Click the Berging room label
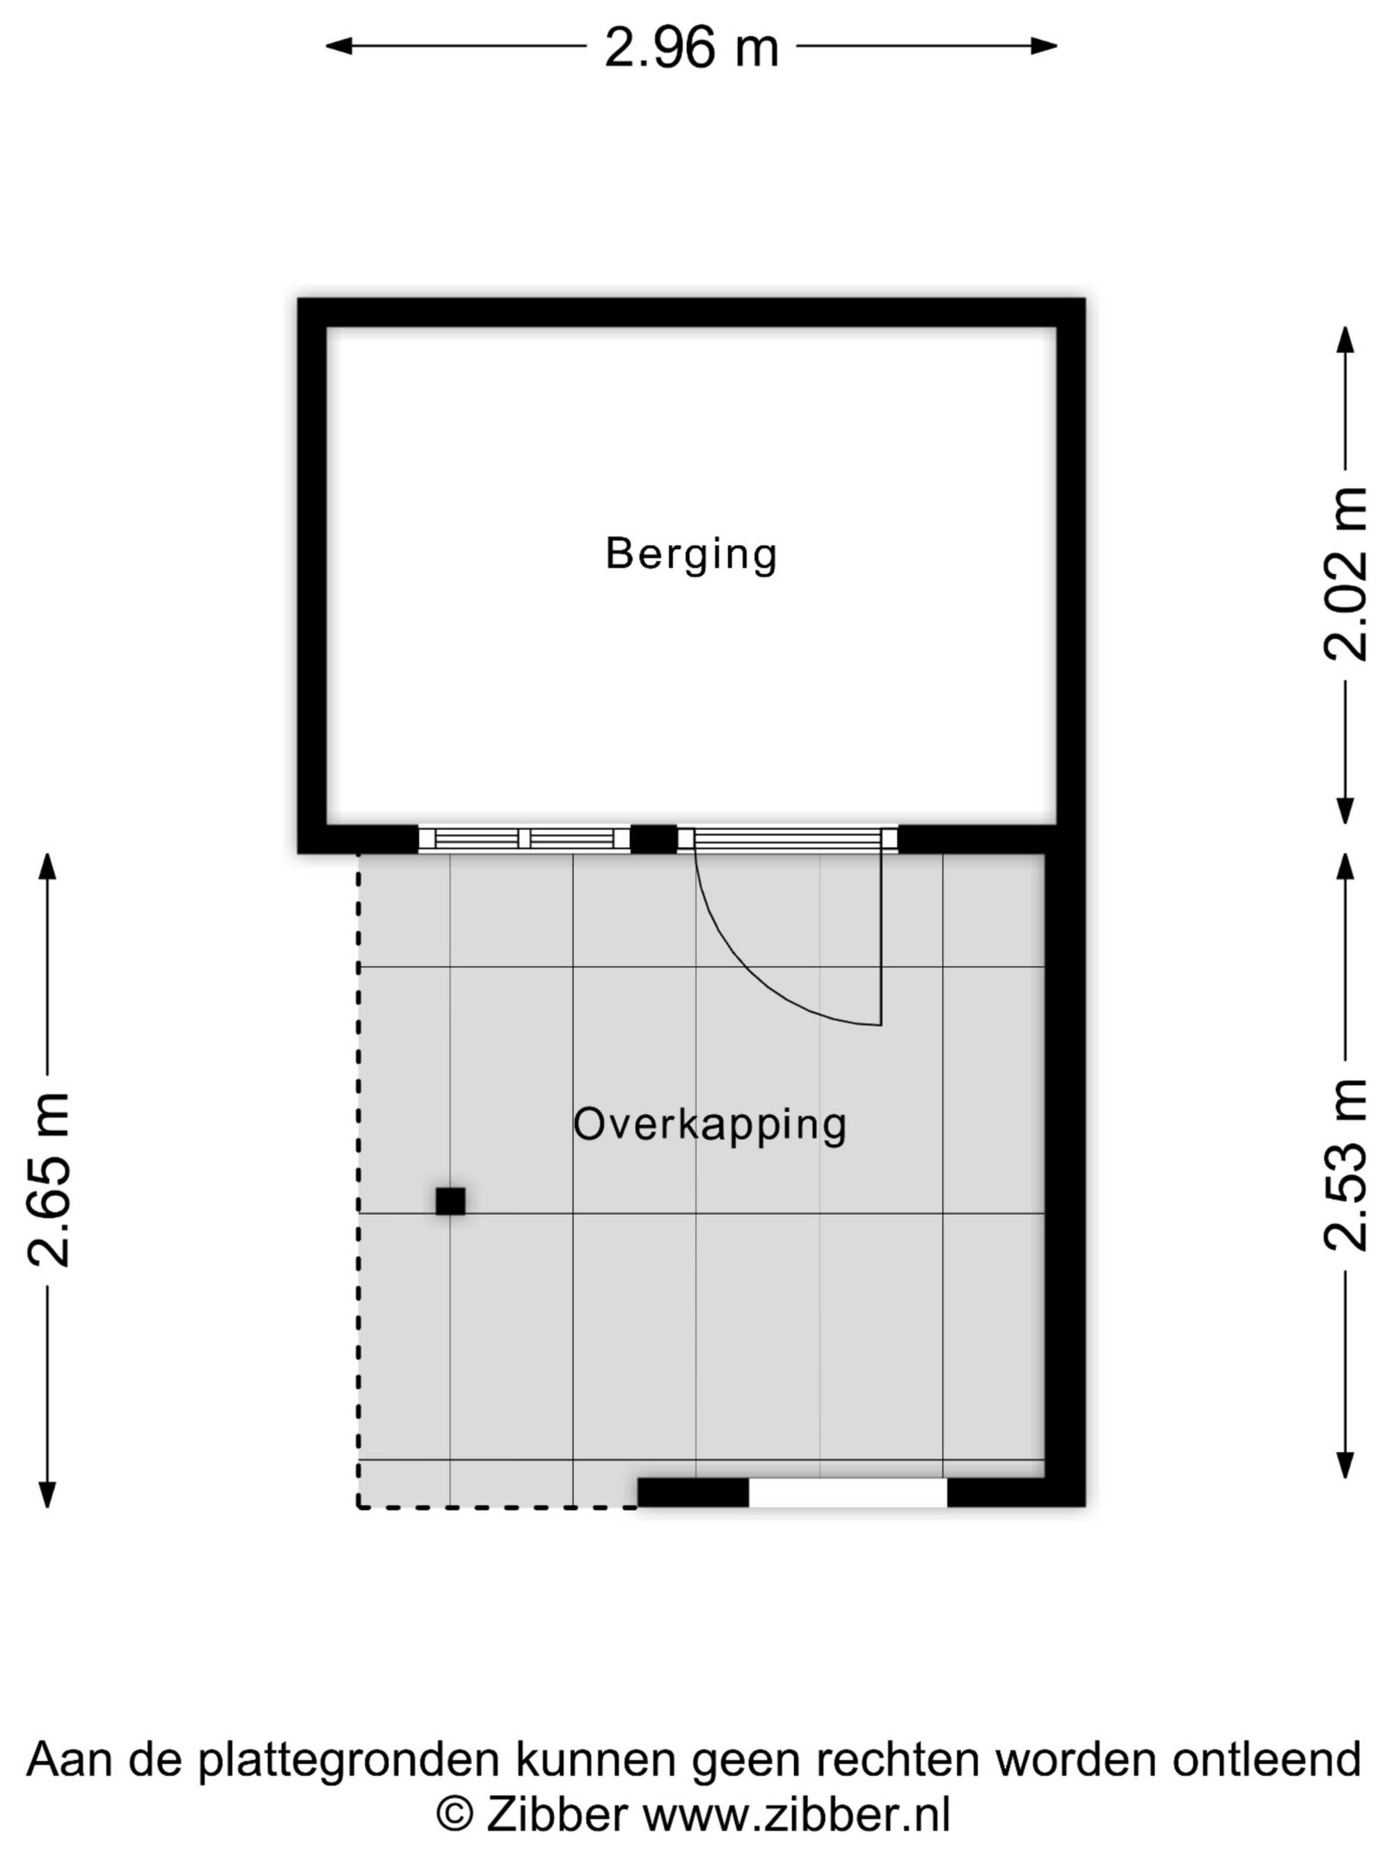tap(691, 555)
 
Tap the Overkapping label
tap(710, 1125)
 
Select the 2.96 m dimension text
tap(691, 48)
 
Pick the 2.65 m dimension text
tap(49, 1180)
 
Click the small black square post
tap(450, 1200)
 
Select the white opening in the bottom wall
tap(848, 1492)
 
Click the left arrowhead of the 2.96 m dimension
tap(338, 46)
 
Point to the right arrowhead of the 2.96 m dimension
tap(1044, 46)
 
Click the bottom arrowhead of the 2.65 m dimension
tap(48, 1494)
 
